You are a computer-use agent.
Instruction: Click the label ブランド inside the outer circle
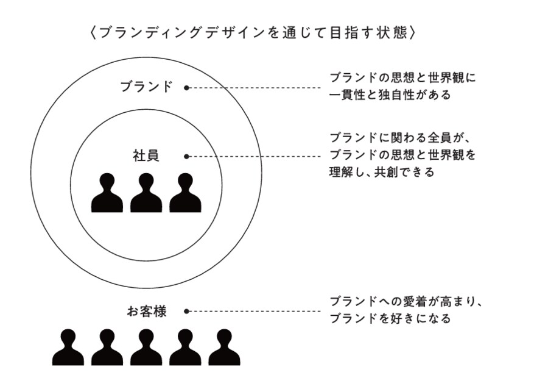click(146, 87)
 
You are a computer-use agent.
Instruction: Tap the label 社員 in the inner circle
click(146, 155)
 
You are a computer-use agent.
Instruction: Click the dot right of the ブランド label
click(186, 87)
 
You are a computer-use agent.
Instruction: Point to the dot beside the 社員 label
click(186, 156)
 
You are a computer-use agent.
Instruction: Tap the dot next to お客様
click(186, 311)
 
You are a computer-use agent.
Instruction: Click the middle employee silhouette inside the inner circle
click(146, 194)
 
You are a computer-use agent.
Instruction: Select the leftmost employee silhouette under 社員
click(107, 194)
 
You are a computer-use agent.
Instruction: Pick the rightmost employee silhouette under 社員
click(185, 194)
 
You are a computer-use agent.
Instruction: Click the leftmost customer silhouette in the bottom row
click(68, 348)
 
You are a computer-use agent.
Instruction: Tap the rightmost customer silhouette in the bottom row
click(224, 348)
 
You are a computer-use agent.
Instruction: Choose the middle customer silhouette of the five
click(146, 348)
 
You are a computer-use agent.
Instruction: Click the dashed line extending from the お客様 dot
click(256, 311)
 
